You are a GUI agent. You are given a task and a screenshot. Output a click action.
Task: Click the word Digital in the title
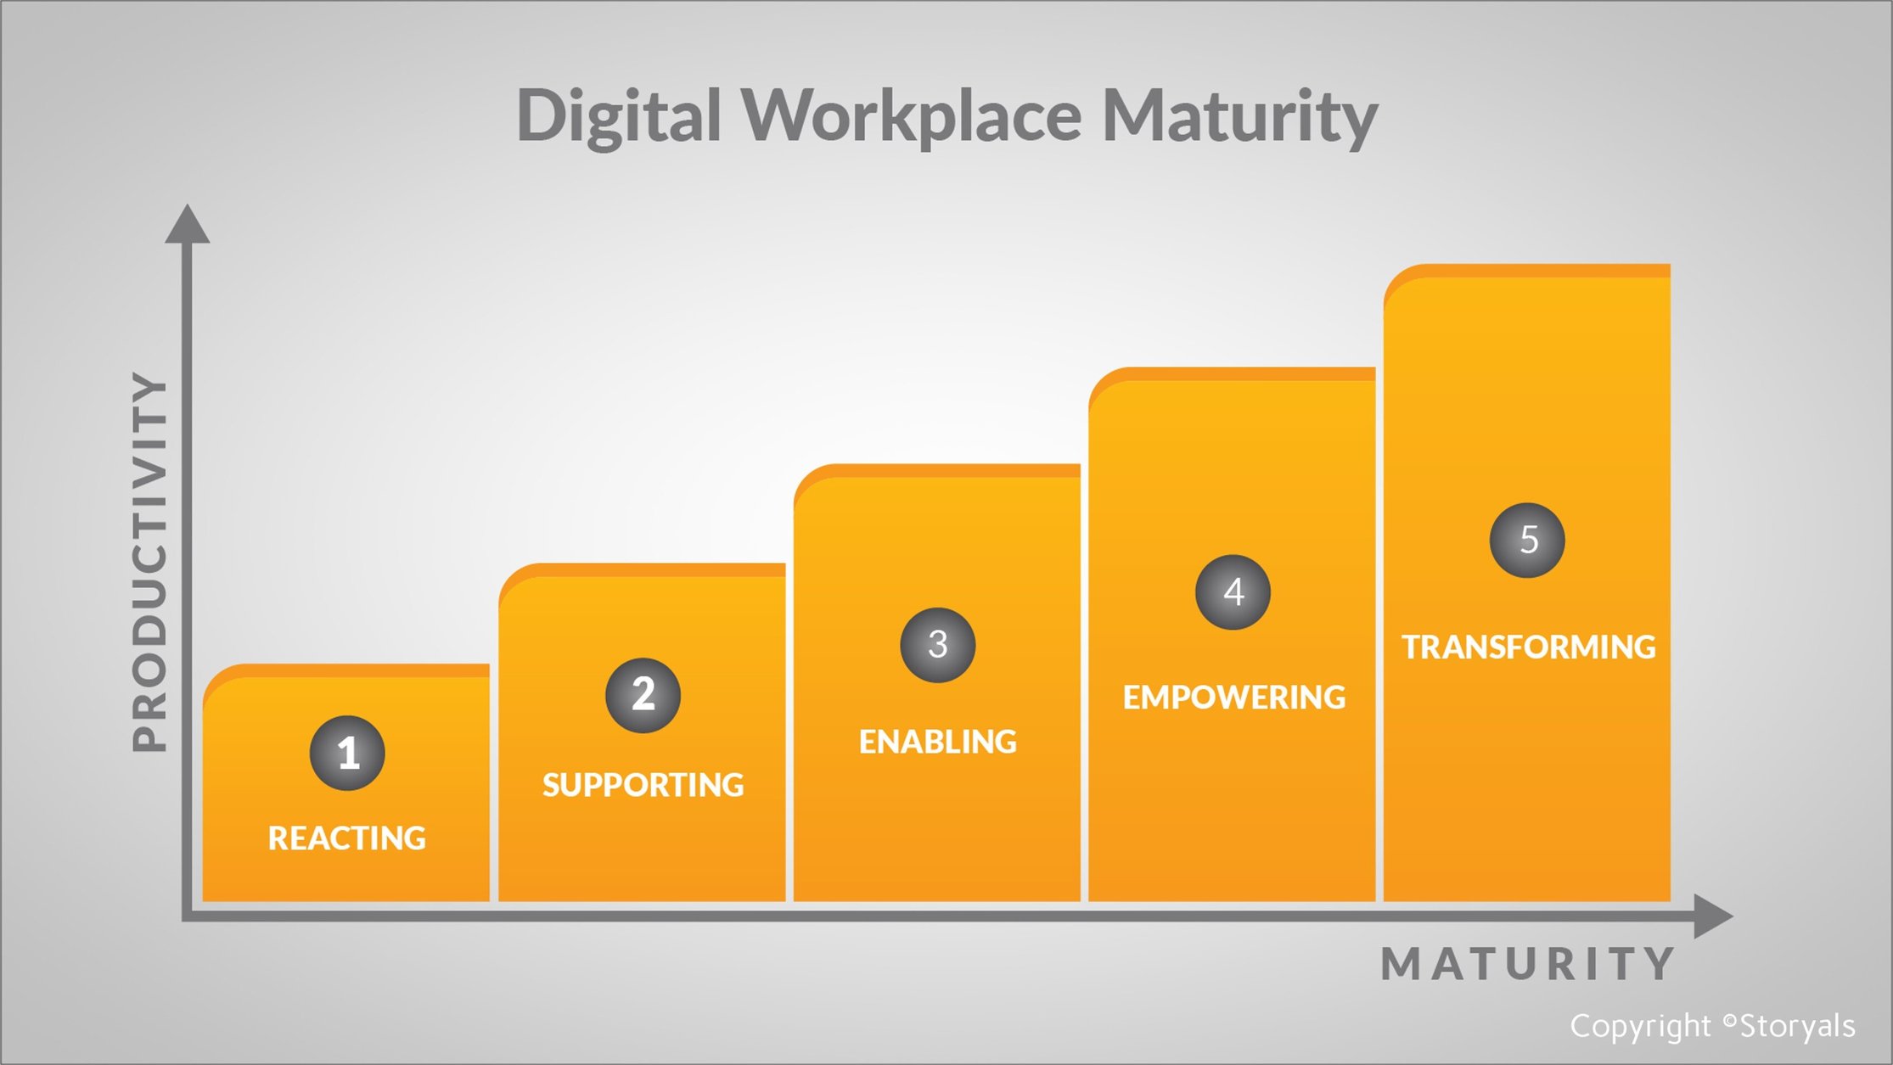(619, 116)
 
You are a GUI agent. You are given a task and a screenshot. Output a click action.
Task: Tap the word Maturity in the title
(1239, 116)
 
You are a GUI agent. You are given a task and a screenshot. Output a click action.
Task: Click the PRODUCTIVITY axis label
(151, 562)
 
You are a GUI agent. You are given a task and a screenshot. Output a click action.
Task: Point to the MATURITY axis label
(1528, 964)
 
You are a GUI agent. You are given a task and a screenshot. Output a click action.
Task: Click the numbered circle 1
(347, 754)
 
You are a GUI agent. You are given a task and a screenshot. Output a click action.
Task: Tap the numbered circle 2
(643, 695)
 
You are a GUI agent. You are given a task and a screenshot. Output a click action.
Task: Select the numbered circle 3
(937, 645)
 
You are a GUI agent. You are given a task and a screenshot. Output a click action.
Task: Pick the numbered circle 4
(1233, 592)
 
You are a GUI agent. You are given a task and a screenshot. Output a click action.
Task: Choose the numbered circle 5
(1527, 541)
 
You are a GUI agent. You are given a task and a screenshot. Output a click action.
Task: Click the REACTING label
(347, 838)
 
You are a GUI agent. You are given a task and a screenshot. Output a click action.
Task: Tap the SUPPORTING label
(643, 785)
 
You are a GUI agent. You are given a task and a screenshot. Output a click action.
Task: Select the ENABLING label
(937, 742)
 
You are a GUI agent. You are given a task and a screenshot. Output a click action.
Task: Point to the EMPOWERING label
(1233, 698)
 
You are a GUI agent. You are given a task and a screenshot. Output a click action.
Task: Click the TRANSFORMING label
(1528, 647)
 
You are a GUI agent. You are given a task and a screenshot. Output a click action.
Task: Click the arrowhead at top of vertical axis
(187, 225)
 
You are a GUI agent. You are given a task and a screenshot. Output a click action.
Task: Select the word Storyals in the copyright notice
(1797, 1027)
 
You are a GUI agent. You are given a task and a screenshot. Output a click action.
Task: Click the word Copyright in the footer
(1640, 1027)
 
